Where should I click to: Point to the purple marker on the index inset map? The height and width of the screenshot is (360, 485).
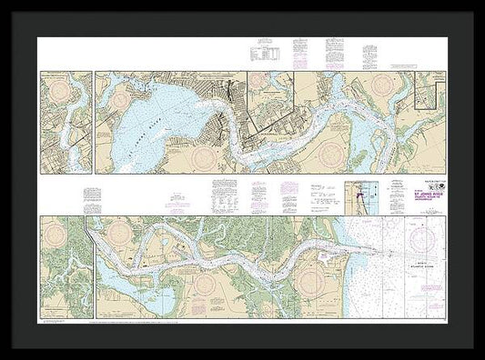tap(355, 194)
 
